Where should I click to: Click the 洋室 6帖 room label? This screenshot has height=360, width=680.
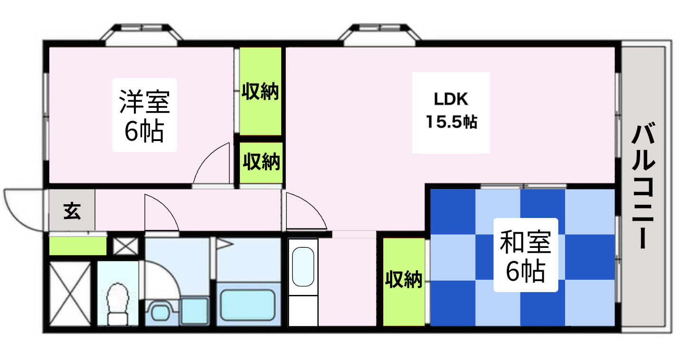click(144, 115)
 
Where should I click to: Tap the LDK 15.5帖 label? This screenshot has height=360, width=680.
click(451, 112)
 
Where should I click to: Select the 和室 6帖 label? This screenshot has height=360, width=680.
click(525, 256)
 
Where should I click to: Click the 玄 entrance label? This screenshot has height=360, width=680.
click(72, 211)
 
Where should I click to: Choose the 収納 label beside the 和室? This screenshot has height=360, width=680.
click(404, 280)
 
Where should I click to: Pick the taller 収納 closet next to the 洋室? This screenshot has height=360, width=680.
click(260, 91)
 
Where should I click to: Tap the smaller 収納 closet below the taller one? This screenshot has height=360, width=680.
click(261, 162)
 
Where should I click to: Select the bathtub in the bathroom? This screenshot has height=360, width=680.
click(248, 304)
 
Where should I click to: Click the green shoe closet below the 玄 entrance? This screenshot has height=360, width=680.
click(78, 246)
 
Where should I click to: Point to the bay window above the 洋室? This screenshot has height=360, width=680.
click(142, 34)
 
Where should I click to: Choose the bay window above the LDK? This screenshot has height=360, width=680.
click(381, 34)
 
